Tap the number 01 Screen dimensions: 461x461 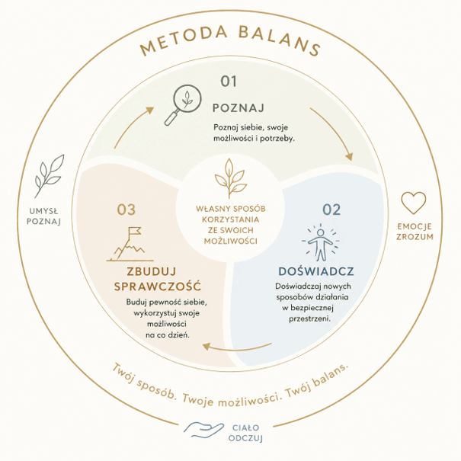point(229,81)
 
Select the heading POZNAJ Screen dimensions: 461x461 point(239,108)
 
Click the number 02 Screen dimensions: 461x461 point(331,210)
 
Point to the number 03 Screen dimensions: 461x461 point(126,210)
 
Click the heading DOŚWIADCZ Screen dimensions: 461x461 point(316,271)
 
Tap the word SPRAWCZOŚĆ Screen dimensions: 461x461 point(158,286)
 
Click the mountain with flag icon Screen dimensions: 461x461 point(130,244)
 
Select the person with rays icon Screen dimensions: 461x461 point(321,242)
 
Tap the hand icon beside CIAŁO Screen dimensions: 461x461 point(203,430)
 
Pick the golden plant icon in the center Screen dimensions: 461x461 point(230,178)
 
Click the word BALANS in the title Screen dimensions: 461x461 point(279,40)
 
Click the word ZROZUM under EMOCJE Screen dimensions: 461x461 point(415,237)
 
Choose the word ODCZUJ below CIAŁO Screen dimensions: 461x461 point(245,438)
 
